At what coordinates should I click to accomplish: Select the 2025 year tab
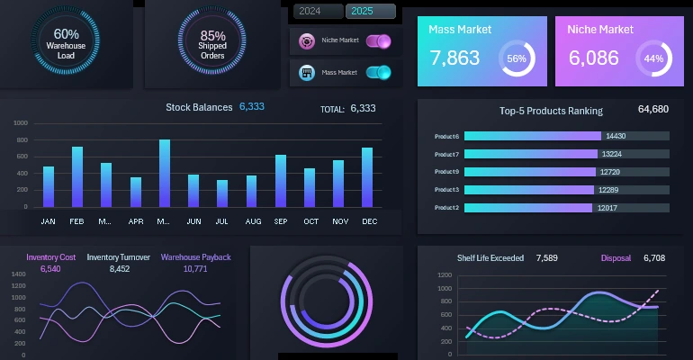click(370, 12)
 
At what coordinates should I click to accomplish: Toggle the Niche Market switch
click(378, 40)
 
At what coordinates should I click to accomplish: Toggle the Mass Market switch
click(378, 73)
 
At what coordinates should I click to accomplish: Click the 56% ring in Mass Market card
click(517, 58)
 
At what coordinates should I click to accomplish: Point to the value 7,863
click(455, 58)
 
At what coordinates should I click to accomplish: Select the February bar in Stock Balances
click(77, 177)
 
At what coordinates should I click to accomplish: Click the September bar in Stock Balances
click(281, 181)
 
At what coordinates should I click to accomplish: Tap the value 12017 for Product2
click(607, 208)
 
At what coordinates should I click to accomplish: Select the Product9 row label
click(446, 172)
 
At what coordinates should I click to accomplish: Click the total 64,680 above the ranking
click(652, 110)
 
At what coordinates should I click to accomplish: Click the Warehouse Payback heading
click(195, 257)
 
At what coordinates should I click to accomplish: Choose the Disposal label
click(616, 258)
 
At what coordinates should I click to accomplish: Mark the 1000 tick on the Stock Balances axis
click(21, 123)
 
